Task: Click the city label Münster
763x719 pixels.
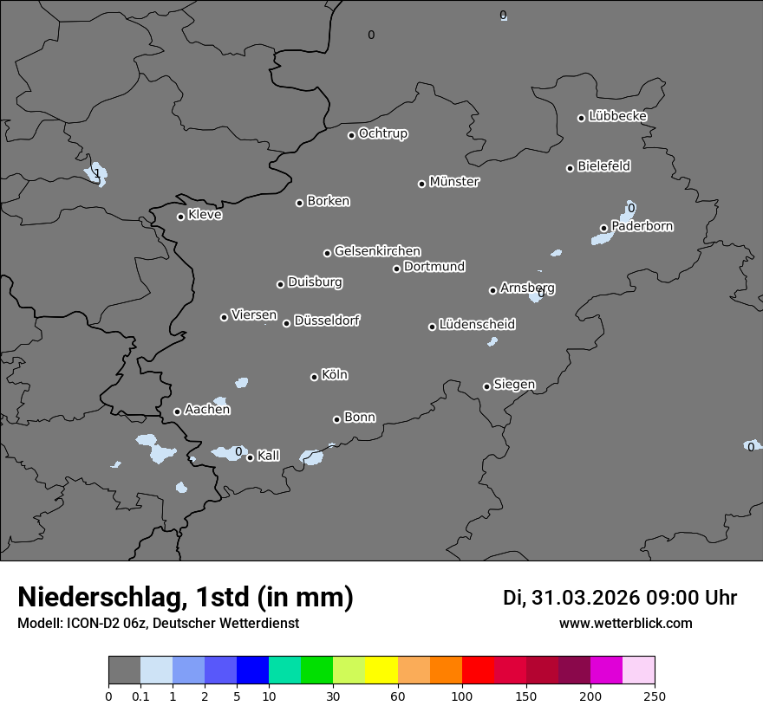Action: click(454, 182)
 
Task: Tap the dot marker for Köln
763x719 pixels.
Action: click(314, 377)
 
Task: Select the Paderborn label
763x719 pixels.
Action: click(642, 226)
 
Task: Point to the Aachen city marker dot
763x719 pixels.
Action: click(177, 411)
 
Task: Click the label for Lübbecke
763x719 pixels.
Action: click(617, 116)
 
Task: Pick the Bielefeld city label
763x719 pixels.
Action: click(603, 165)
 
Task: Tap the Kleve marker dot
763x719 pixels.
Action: click(180, 217)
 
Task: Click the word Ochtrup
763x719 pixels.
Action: click(382, 133)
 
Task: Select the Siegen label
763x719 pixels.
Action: click(514, 385)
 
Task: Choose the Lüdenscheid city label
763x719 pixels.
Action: click(477, 325)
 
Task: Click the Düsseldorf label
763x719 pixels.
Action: click(327, 321)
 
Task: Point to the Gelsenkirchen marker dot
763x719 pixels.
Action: click(327, 253)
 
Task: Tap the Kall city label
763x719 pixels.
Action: click(269, 456)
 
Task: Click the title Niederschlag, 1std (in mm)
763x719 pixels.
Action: click(186, 597)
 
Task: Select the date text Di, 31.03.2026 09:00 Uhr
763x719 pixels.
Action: click(620, 598)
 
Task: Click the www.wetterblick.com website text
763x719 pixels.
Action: click(625, 624)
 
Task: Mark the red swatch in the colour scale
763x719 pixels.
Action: click(478, 670)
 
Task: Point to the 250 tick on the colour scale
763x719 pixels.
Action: click(655, 696)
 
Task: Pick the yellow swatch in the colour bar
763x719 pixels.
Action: click(381, 670)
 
